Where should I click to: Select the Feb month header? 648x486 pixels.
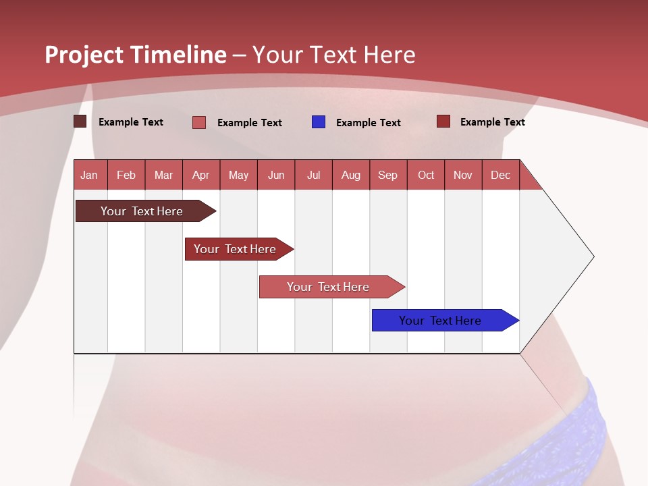[x=126, y=175]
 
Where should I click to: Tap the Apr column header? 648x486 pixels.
[x=201, y=175]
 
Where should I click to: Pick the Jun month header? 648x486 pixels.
[x=276, y=175]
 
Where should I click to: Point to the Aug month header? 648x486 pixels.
[x=351, y=175]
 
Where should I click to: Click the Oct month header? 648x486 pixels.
[x=426, y=175]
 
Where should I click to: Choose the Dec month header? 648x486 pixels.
[x=500, y=175]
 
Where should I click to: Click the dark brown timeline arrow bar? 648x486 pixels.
[x=146, y=211]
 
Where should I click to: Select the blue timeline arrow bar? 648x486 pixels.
[x=445, y=320]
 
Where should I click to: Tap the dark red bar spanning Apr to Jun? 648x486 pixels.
[x=239, y=249]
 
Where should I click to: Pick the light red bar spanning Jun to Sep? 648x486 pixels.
[x=332, y=287]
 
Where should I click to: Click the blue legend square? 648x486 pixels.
[x=318, y=122]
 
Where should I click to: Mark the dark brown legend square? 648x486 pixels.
[x=80, y=121]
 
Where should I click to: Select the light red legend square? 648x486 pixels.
[x=198, y=122]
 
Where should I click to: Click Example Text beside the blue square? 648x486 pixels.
[x=369, y=123]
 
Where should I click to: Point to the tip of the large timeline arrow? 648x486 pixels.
[x=594, y=256]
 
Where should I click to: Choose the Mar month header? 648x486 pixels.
[x=163, y=175]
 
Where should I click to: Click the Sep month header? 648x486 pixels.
[x=388, y=175]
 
